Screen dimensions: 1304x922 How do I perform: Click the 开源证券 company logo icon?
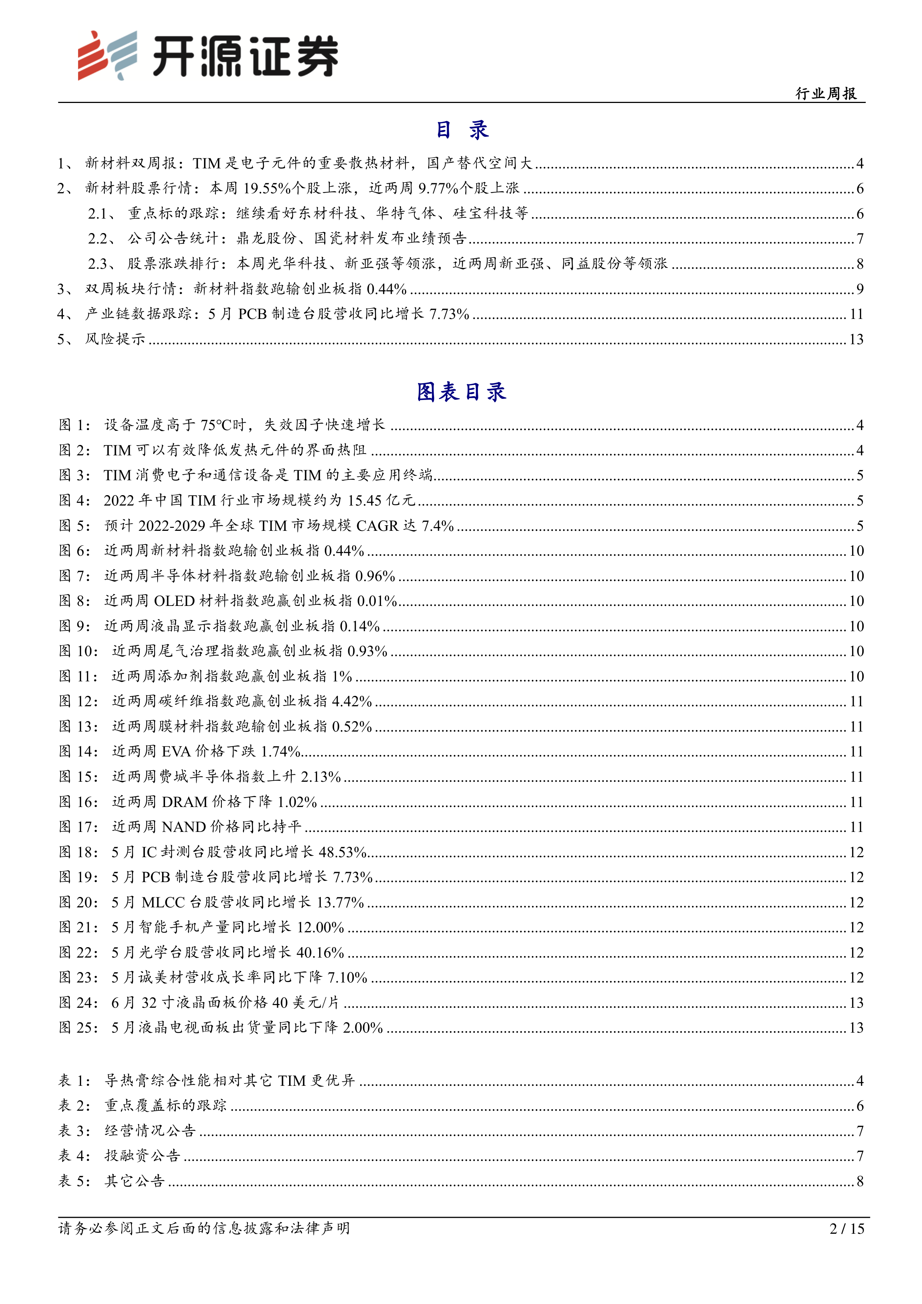click(107, 55)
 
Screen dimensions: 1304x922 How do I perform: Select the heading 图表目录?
click(461, 392)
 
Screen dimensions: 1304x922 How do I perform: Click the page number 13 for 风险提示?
click(855, 339)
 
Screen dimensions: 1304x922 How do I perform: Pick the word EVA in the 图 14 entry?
click(176, 751)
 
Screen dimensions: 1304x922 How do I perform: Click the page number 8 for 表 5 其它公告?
click(860, 1181)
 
